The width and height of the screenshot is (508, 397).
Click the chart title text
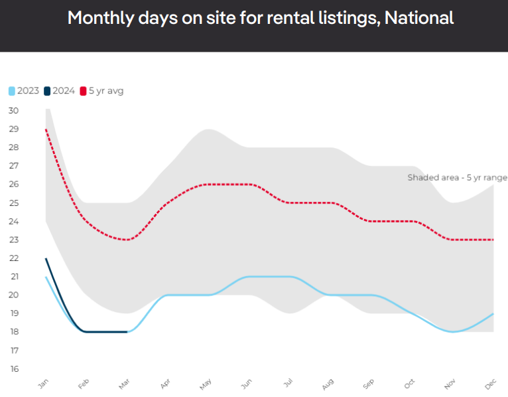(261, 18)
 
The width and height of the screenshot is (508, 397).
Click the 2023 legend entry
(24, 91)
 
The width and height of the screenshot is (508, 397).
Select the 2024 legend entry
(60, 91)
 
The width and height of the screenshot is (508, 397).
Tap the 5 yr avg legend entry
(101, 91)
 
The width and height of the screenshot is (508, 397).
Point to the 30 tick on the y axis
(13, 110)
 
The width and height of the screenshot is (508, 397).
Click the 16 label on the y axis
(13, 368)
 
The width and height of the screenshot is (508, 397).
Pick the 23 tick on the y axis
(13, 240)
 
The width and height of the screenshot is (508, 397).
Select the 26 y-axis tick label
(13, 184)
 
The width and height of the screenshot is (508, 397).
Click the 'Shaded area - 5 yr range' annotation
(457, 177)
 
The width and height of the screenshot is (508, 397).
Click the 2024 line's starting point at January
(46, 258)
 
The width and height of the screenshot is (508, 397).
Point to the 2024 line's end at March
(127, 331)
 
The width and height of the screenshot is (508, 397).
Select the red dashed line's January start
(46, 129)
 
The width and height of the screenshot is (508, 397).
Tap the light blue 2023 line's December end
(493, 313)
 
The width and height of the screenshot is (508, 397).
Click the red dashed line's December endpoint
(493, 240)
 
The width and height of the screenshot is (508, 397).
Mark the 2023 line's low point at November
(452, 331)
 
